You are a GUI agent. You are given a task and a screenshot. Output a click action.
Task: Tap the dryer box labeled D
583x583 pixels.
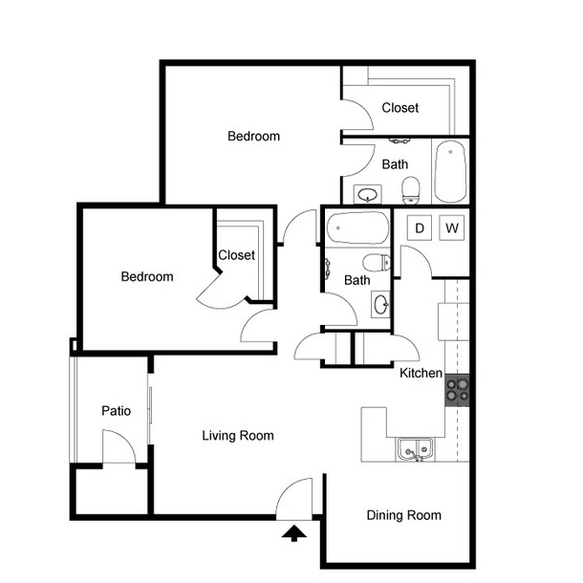point(420,227)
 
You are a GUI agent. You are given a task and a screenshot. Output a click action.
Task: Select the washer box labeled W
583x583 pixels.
point(452,227)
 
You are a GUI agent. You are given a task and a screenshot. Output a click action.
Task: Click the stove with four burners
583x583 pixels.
point(458,390)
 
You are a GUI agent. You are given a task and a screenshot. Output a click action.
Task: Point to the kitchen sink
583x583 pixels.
point(416,450)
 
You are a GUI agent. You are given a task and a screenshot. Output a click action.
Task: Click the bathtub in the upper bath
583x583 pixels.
point(451,171)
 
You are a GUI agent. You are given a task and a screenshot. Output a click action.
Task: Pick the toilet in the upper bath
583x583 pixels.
point(411,190)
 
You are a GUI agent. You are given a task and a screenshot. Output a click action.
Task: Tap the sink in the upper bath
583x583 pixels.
point(368,194)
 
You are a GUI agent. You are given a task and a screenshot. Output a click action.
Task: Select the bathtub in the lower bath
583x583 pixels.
point(357,227)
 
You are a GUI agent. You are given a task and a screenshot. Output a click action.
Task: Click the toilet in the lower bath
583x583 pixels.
point(377,263)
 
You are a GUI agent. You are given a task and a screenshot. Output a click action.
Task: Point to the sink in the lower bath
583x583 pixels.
point(380,305)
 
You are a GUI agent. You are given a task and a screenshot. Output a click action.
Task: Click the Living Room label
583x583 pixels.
point(238,436)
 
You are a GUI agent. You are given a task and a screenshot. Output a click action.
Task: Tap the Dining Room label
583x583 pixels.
point(404,515)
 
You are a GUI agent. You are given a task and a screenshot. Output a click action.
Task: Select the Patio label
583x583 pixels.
point(116,410)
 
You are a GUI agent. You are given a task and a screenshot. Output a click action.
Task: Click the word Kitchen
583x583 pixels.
point(421,373)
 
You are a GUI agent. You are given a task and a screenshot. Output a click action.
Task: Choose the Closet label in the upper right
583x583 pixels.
point(400,108)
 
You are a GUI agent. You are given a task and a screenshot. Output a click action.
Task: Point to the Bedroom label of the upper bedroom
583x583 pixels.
point(253,136)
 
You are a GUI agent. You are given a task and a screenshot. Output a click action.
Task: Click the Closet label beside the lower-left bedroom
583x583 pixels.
point(236,255)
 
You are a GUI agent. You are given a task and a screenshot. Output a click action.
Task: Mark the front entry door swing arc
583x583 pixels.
point(287,489)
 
